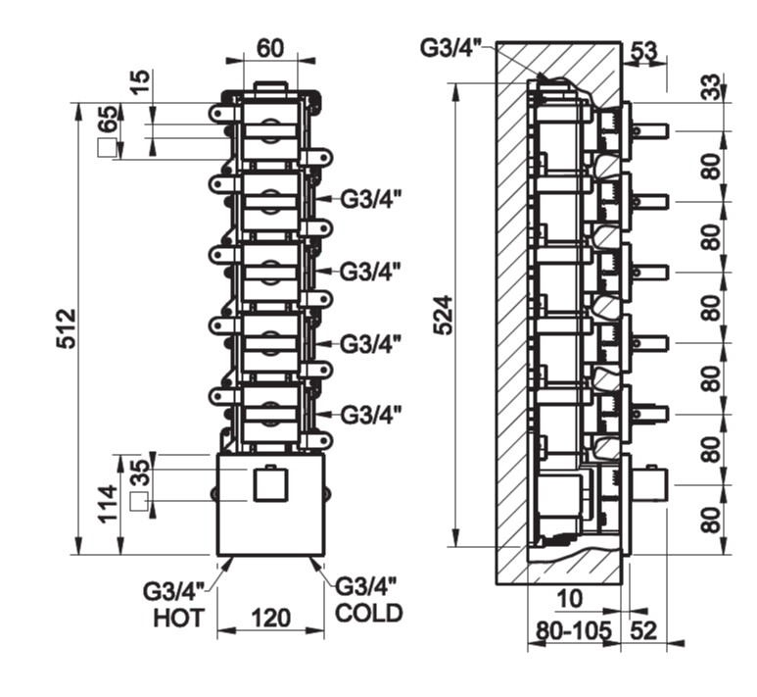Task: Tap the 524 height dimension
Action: [444, 315]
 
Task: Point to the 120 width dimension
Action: [270, 619]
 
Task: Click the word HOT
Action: [177, 619]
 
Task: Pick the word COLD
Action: [369, 614]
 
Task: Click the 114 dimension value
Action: [109, 505]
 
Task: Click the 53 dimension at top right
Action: [643, 51]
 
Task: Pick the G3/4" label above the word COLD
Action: [366, 586]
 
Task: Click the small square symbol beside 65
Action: [106, 149]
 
